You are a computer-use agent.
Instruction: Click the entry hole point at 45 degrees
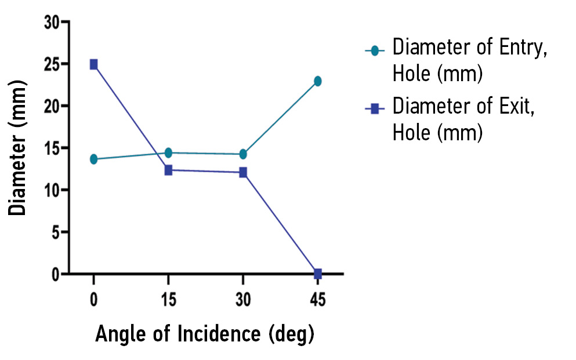pos(317,81)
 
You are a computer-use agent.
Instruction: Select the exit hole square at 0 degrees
pos(93,64)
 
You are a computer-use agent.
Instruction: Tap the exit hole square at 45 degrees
pos(317,273)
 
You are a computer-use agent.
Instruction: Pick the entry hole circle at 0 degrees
pos(93,159)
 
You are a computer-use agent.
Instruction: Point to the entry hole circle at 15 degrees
pos(168,152)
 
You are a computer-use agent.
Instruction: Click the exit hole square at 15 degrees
pos(168,170)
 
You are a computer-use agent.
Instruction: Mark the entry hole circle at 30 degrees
pos(243,154)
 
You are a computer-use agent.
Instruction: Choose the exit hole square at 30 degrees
pos(243,172)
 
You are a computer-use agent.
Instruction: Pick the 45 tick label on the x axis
pos(317,300)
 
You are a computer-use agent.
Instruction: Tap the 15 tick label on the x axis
pos(168,300)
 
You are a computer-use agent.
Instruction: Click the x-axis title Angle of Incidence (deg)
pos(204,334)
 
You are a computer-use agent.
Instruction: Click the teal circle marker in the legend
pos(375,51)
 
